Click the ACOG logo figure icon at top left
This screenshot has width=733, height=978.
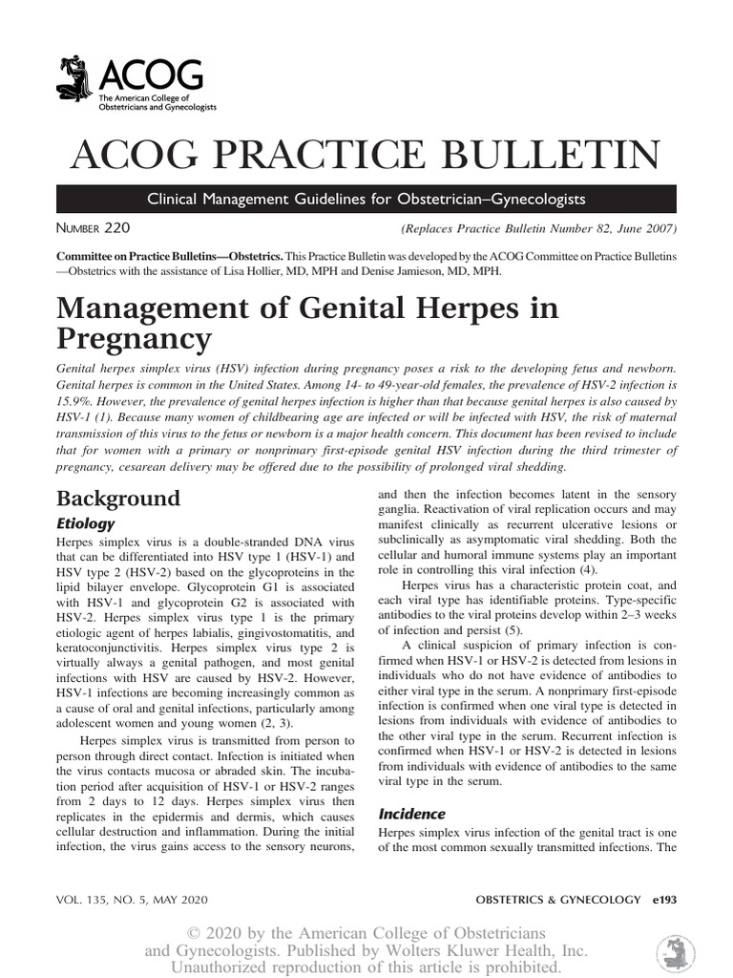(74, 82)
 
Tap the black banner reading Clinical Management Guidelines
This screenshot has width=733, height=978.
(366, 200)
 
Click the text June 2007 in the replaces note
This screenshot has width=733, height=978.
(639, 229)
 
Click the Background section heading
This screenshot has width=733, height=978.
(118, 499)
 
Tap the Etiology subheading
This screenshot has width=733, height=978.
(86, 523)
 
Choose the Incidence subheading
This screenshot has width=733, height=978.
(412, 814)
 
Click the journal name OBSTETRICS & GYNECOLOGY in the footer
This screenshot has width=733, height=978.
(555, 900)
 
